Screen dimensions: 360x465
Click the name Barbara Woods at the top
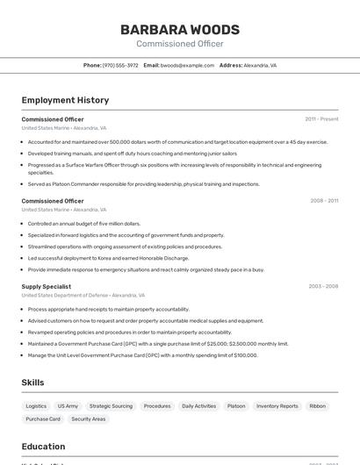coord(179,30)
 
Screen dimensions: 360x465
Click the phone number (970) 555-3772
coord(120,65)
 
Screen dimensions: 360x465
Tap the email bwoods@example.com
coord(187,65)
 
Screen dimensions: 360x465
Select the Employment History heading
coord(65,100)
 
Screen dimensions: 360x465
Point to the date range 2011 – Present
coord(321,119)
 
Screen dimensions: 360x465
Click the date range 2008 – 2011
coord(324,201)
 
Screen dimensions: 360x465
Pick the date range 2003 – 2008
coord(323,286)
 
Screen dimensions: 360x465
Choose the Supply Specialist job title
coord(47,286)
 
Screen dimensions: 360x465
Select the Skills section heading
coord(33,383)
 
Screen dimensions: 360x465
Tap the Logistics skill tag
coord(36,406)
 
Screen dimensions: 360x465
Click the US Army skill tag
coord(68,406)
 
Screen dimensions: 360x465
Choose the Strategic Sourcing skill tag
coord(111,406)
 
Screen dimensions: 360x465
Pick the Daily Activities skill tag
coord(198,406)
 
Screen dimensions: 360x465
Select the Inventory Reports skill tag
coord(277,406)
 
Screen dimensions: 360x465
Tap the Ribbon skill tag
coord(317,406)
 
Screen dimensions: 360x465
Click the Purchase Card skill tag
coord(43,419)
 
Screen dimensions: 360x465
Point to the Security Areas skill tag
coord(89,419)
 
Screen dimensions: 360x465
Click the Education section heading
coord(43,446)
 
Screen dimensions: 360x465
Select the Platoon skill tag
coord(236,406)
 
